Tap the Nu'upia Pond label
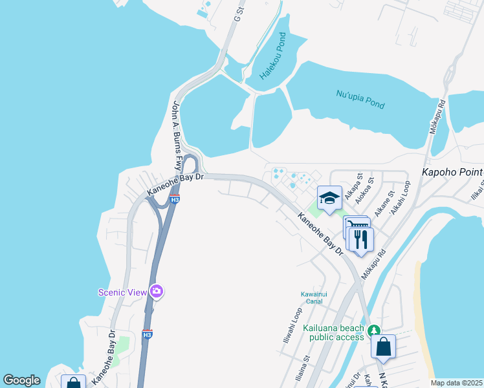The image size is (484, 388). click(x=360, y=99)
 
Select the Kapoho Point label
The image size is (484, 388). click(x=452, y=173)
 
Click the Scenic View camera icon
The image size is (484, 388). click(x=156, y=292)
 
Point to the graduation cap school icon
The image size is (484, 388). click(x=329, y=197)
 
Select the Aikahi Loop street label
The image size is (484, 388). click(x=401, y=197)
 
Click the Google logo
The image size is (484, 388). click(x=21, y=380)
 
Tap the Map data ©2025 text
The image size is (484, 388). click(x=456, y=383)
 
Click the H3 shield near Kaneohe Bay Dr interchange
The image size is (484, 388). click(x=175, y=200)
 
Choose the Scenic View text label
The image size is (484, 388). click(x=123, y=292)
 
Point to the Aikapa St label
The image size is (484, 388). click(x=353, y=184)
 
